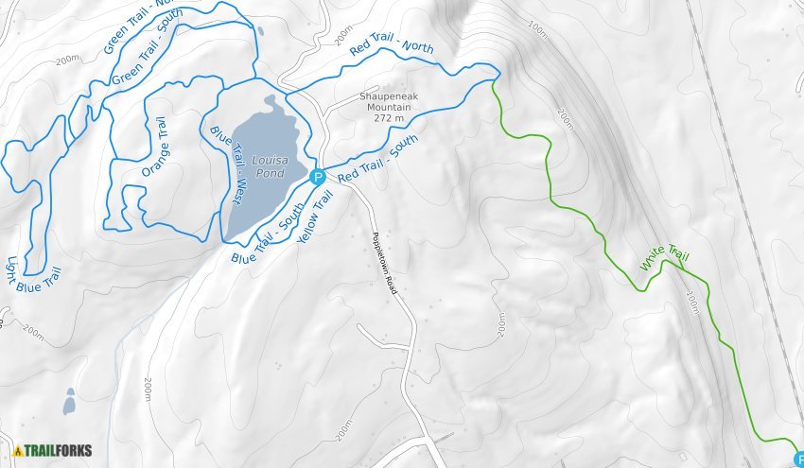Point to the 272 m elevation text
[389, 119]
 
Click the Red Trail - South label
[377, 160]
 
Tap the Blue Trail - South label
[268, 234]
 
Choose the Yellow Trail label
[316, 217]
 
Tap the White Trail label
[665, 257]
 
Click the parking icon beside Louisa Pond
[318, 176]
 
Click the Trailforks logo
[53, 450]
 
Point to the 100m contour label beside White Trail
[693, 303]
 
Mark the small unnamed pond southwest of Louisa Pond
[69, 403]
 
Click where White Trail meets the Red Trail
[494, 81]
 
